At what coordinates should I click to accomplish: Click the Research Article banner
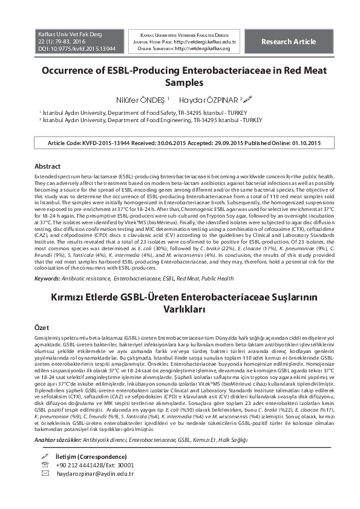288,42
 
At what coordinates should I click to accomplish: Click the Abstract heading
48,166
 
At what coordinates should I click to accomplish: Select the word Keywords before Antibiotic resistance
48,279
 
